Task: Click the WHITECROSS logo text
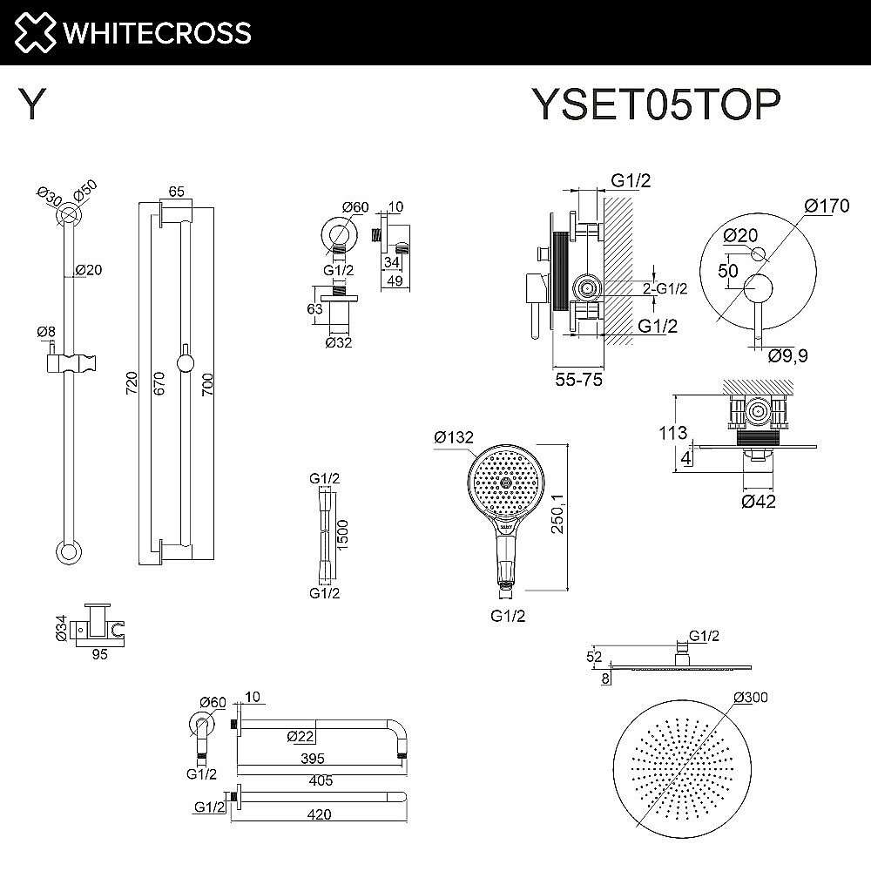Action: pos(155,33)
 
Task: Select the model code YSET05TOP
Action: pos(655,106)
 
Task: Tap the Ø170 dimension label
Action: pos(827,206)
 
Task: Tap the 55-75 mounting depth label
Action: pos(577,380)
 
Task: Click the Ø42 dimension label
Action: pos(759,500)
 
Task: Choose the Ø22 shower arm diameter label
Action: pos(300,737)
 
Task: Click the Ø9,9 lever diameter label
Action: pos(787,354)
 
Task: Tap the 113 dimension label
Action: pos(673,432)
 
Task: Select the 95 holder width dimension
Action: pos(99,655)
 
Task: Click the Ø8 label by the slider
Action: pos(46,332)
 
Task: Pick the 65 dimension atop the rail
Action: pos(176,192)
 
